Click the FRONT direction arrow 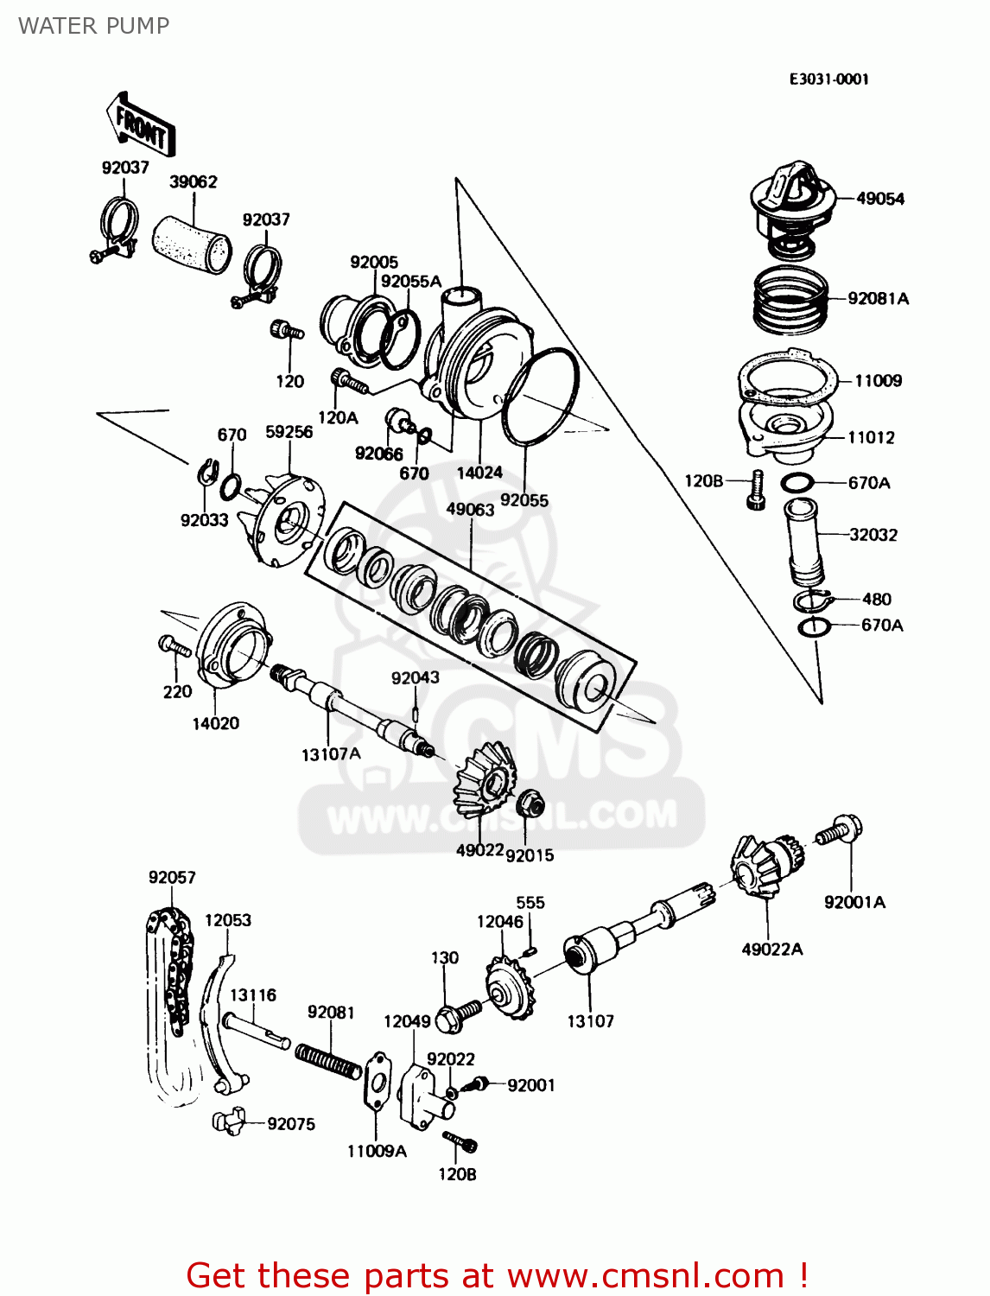tap(141, 125)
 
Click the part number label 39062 tap(193, 181)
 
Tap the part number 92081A tap(878, 299)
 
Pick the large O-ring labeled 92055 tap(540, 397)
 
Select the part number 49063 tap(470, 509)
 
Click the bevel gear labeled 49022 tap(485, 782)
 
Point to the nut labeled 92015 tap(530, 806)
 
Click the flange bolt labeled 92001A tap(839, 831)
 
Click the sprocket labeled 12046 tap(510, 990)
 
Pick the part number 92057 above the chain tap(172, 877)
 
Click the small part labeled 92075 tap(228, 1121)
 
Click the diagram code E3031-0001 tap(828, 79)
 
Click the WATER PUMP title tap(93, 26)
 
